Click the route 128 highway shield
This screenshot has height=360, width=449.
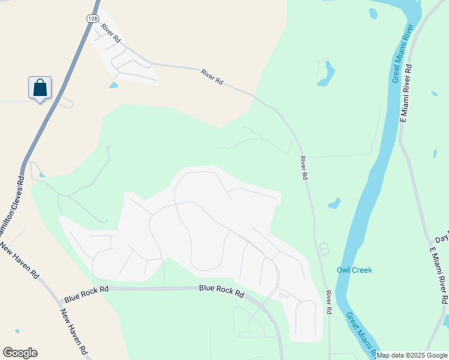pyautogui.click(x=92, y=19)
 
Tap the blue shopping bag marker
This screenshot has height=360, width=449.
pyautogui.click(x=40, y=88)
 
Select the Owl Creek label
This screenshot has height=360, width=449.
pyautogui.click(x=354, y=270)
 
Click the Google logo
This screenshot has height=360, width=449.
pyautogui.click(x=20, y=353)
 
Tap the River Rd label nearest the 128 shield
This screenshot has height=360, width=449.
pyautogui.click(x=111, y=32)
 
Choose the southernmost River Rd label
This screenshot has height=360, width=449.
pyautogui.click(x=329, y=303)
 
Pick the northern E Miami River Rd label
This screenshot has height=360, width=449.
pyautogui.click(x=406, y=93)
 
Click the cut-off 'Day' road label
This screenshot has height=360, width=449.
pyautogui.click(x=442, y=238)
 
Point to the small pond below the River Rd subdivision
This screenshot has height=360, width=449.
pyautogui.click(x=113, y=85)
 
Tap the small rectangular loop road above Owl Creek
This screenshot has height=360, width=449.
pyautogui.click(x=324, y=248)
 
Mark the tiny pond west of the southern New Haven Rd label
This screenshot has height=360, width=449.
pyautogui.click(x=17, y=331)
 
